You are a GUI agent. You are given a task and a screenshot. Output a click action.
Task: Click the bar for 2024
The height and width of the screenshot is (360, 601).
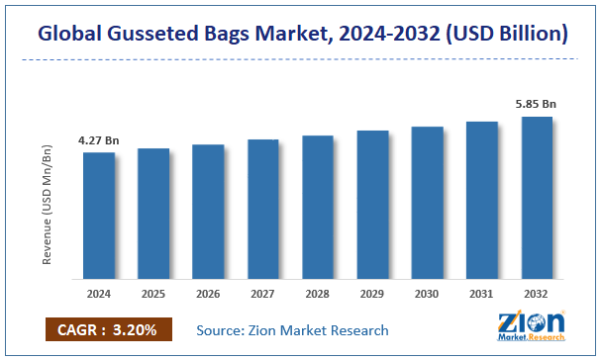pyautogui.click(x=98, y=216)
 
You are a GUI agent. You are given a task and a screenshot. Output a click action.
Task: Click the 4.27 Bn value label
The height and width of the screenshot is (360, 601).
pyautogui.click(x=98, y=140)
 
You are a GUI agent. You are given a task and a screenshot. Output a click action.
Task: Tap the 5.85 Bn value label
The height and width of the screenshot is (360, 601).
pyautogui.click(x=536, y=103)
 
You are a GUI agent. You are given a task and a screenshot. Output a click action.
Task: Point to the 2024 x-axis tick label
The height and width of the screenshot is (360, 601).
pyautogui.click(x=98, y=294)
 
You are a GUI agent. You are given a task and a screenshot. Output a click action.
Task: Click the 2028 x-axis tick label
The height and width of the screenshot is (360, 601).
pyautogui.click(x=317, y=294)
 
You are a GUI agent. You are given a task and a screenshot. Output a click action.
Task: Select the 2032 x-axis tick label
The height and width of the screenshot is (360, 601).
pyautogui.click(x=536, y=294)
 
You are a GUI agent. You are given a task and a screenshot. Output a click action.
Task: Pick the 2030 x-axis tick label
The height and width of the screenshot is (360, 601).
pyautogui.click(x=427, y=294)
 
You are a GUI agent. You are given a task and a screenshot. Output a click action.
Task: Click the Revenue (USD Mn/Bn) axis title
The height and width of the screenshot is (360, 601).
pyautogui.click(x=47, y=205)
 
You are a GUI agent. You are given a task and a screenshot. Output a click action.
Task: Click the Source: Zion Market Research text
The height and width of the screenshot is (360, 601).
pyautogui.click(x=292, y=330)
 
